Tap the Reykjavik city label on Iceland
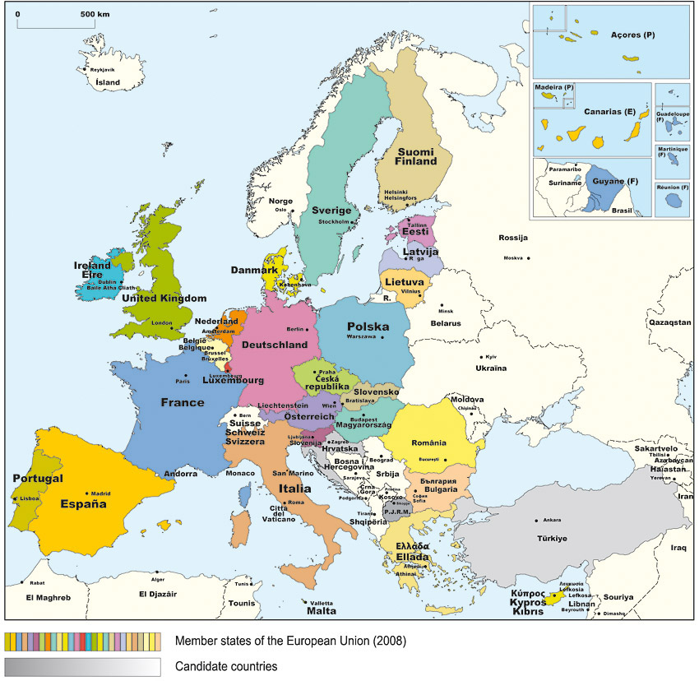tap(102, 71)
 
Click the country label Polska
tap(367, 327)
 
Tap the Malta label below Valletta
tap(322, 611)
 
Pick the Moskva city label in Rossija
tap(513, 258)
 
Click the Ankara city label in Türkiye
tap(552, 520)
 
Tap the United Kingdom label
tap(164, 299)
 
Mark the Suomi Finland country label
tap(417, 156)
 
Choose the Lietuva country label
tap(404, 282)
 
